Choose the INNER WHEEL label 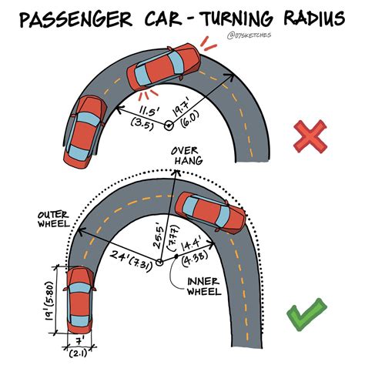tap(204, 286)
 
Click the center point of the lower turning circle tap(159, 263)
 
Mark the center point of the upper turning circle tap(168, 126)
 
